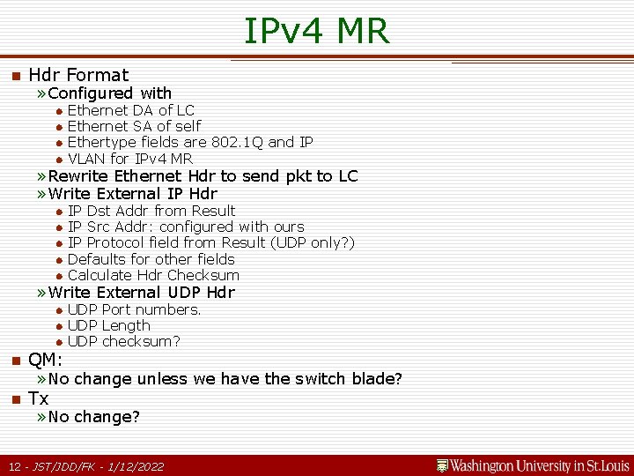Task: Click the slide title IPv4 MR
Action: (316, 31)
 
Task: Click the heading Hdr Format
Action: (78, 75)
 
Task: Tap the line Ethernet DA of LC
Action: (130, 110)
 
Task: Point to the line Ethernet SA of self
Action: (134, 126)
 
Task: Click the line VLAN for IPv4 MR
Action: (129, 159)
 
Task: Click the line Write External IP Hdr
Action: (132, 194)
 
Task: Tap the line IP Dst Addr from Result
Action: (151, 211)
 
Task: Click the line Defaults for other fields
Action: (151, 259)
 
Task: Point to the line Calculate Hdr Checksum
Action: (153, 275)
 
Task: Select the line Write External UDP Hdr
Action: (141, 293)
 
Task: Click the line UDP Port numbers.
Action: (134, 309)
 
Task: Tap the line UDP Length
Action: (108, 325)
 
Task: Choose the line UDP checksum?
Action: (123, 341)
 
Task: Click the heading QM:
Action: (45, 360)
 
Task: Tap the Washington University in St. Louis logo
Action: (533, 465)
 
